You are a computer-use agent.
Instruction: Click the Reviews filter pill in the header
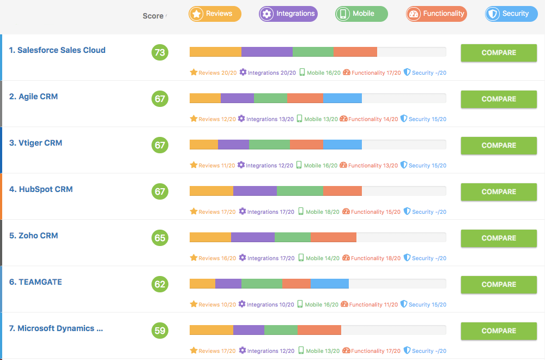215,14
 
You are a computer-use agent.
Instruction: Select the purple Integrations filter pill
288,14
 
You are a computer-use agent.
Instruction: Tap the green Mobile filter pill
361,14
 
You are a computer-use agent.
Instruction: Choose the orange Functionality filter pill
436,14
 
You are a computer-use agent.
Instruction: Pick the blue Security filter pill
511,14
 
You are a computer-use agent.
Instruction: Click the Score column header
153,16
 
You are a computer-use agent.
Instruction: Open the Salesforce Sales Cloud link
57,50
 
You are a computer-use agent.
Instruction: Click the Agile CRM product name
33,97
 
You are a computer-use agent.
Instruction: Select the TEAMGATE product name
35,282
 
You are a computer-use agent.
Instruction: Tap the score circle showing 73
160,52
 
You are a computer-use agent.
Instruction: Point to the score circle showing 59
160,331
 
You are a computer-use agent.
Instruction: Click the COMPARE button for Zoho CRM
499,238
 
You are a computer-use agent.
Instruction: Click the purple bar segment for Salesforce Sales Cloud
267,52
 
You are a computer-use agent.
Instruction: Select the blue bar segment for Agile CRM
342,98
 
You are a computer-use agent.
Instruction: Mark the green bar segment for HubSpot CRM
300,191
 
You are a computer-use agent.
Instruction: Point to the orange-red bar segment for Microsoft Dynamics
319,330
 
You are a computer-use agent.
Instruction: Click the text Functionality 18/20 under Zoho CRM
376,258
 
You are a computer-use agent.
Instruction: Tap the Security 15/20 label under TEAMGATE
427,304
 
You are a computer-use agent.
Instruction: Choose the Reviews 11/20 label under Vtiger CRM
216,165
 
